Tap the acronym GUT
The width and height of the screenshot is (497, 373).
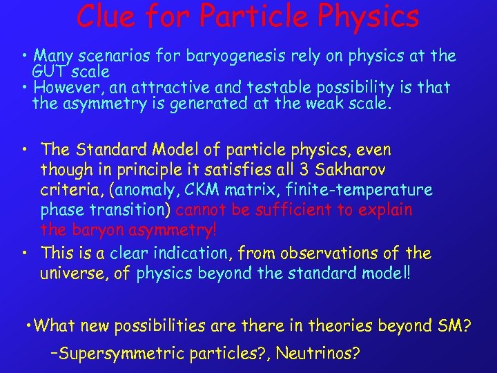[x=48, y=71]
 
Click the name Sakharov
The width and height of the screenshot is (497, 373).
[x=352, y=169]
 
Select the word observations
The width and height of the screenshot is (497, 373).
[x=333, y=254]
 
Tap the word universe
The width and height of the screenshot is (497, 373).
[x=73, y=274]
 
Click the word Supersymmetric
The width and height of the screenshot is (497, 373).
[x=116, y=354]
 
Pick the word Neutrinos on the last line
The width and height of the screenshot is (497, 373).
[x=318, y=354]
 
